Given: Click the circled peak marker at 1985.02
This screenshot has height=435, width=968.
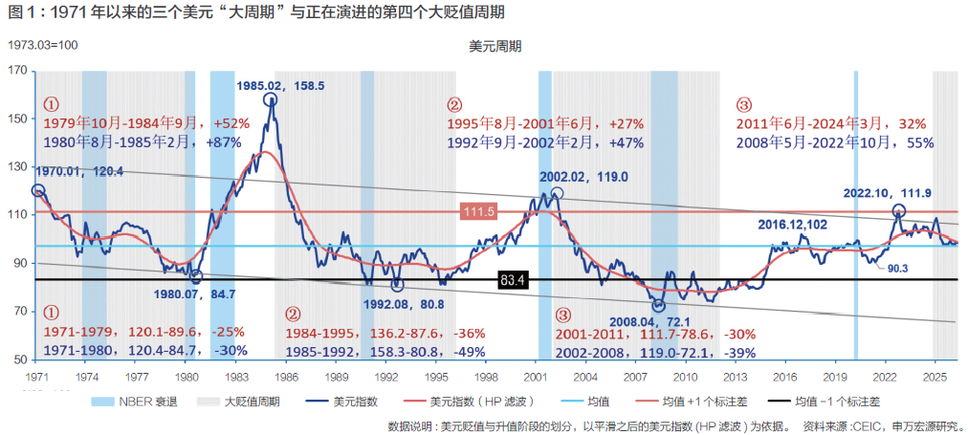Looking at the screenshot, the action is [270, 99].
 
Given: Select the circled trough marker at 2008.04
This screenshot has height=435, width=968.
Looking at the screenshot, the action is [659, 305].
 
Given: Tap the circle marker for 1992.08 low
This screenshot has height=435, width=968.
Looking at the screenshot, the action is [397, 285].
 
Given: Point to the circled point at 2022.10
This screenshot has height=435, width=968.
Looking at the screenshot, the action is [898, 210].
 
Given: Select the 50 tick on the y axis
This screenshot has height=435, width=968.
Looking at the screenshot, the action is [21, 360].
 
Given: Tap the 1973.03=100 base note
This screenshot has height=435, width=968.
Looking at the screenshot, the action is [43, 45].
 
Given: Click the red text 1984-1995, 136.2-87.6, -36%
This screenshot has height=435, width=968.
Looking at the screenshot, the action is [385, 334].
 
